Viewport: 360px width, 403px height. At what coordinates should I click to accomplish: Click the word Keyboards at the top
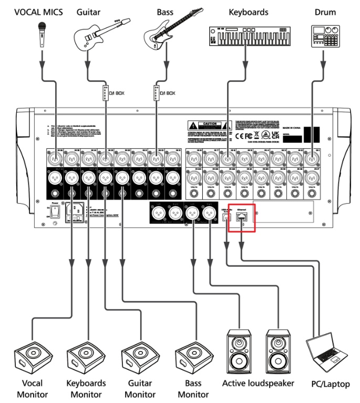pos(248,12)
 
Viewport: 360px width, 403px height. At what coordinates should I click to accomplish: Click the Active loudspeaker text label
pos(258,383)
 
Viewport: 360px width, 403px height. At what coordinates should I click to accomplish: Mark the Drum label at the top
pos(325,12)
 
